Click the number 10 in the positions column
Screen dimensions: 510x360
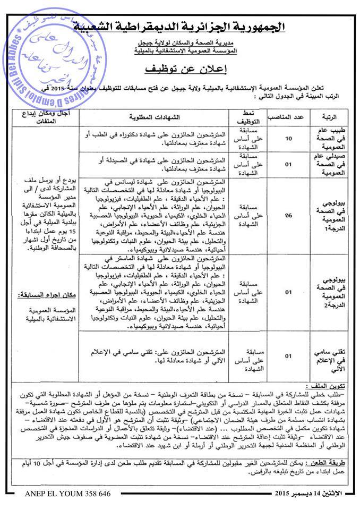(289, 139)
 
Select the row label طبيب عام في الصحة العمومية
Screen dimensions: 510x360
(331, 139)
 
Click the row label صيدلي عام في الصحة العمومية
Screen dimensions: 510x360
(331, 164)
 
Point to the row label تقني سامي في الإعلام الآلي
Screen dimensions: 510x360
(331, 356)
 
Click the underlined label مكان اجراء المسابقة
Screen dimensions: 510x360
(45, 294)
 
